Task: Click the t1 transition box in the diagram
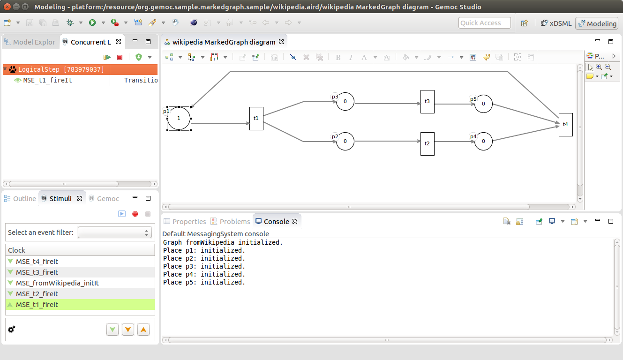[256, 119]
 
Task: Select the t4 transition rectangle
[566, 124]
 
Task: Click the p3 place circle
[345, 101]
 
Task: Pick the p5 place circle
[483, 104]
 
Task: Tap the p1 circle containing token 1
[179, 118]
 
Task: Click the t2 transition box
[428, 143]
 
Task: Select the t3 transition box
[428, 102]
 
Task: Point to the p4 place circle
[483, 142]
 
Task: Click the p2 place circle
[345, 142]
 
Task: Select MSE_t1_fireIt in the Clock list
[37, 305]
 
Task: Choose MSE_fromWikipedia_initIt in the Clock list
[57, 283]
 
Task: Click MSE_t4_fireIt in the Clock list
[37, 262]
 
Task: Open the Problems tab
[231, 221]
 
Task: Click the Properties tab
[185, 221]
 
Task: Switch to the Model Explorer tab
[30, 42]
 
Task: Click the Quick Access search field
[485, 23]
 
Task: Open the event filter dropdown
[114, 232]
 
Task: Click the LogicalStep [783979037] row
[61, 69]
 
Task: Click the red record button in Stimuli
[135, 214]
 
